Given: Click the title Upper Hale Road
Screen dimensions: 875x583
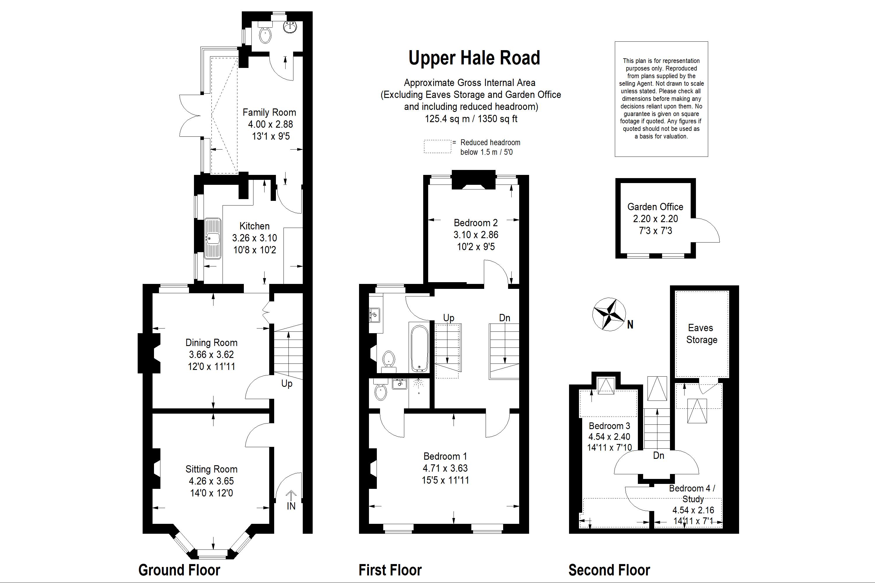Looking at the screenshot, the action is (474, 58).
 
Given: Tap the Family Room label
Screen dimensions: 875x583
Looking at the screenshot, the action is (269, 112).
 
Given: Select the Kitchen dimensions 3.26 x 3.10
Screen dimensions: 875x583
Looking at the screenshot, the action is (254, 238).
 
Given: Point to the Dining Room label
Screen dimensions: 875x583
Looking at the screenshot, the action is (211, 343).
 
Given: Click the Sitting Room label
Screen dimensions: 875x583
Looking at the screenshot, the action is (211, 470).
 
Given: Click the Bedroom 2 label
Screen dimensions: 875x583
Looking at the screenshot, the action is (476, 223).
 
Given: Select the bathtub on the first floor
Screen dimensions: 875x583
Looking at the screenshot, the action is (420, 348).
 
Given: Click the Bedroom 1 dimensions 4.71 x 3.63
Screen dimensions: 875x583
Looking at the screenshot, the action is (445, 468).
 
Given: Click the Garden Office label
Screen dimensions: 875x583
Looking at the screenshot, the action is (655, 207).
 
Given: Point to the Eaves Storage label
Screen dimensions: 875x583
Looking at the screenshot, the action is (701, 334).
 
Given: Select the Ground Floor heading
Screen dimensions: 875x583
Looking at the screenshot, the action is (179, 570).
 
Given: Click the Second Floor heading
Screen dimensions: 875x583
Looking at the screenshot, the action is (609, 570).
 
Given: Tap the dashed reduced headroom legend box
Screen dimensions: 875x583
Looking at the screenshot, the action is (437, 147).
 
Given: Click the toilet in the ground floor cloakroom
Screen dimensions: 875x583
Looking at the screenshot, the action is (265, 36).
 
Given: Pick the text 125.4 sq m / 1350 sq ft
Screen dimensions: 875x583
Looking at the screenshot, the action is (471, 119).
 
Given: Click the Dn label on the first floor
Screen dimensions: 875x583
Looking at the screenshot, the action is (505, 318).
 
